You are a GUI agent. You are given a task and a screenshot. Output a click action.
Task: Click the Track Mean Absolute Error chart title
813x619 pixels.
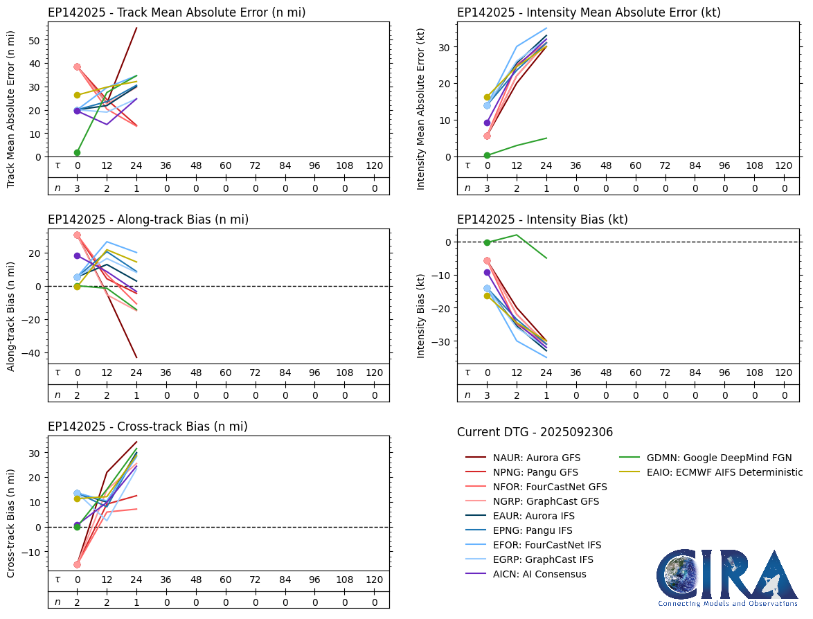coord(177,12)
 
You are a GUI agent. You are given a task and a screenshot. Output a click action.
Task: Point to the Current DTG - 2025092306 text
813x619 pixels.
coord(535,432)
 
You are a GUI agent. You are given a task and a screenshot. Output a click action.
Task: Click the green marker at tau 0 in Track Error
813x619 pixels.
coord(77,152)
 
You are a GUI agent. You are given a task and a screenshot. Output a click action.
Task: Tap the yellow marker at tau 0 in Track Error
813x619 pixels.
coord(77,95)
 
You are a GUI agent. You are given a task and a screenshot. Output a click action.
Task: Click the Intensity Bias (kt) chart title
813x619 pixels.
coord(542,219)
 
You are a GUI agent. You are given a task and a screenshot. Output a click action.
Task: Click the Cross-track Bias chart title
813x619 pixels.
coord(148,427)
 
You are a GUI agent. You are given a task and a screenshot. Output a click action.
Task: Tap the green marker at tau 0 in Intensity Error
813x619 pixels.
coord(487,155)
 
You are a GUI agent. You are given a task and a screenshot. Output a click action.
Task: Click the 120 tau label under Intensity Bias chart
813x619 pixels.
coord(784,374)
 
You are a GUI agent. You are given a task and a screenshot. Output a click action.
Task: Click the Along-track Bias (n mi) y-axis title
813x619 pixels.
coord(12,316)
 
